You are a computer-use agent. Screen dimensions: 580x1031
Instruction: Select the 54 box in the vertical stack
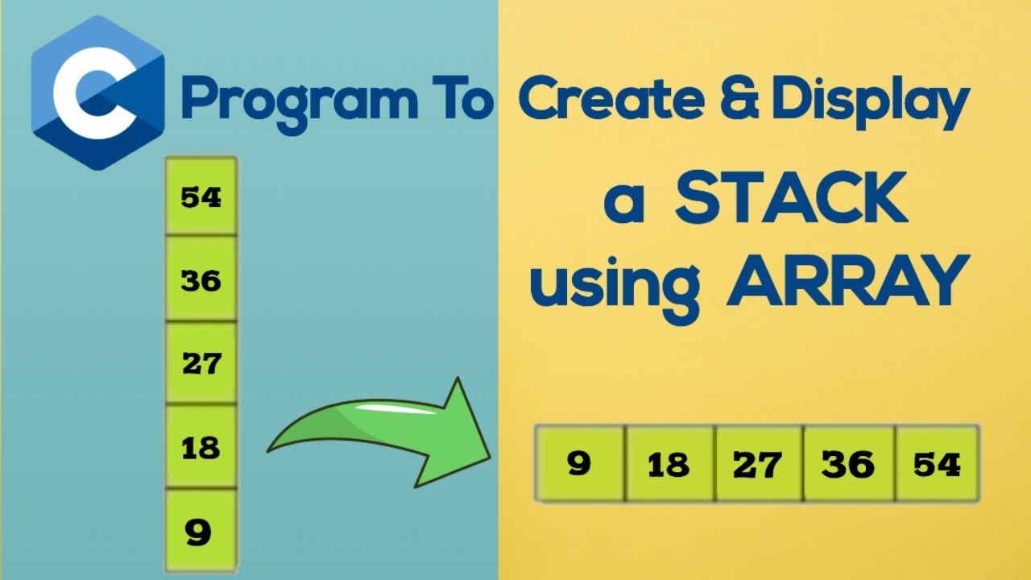tap(201, 197)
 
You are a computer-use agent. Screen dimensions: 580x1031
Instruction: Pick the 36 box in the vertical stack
tap(201, 280)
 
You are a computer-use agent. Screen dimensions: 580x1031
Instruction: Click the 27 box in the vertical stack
tap(201, 363)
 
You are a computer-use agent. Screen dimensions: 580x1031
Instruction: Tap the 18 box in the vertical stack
tap(201, 447)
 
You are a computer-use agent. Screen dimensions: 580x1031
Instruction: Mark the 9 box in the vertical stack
tap(201, 531)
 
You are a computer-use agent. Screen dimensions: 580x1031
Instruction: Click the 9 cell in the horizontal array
tap(579, 464)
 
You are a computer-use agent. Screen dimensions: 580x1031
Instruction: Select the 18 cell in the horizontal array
tap(669, 465)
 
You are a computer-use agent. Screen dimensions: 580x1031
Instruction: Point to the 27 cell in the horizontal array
tap(758, 465)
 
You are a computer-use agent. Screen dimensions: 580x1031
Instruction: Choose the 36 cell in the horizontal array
tap(848, 465)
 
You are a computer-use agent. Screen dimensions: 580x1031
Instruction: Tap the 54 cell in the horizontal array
tap(938, 464)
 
